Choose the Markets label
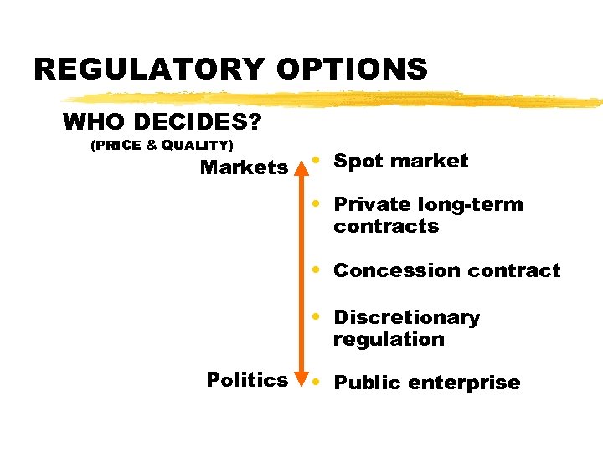click(244, 167)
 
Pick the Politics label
click(247, 380)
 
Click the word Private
click(370, 204)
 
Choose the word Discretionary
click(406, 317)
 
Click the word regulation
click(389, 339)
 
